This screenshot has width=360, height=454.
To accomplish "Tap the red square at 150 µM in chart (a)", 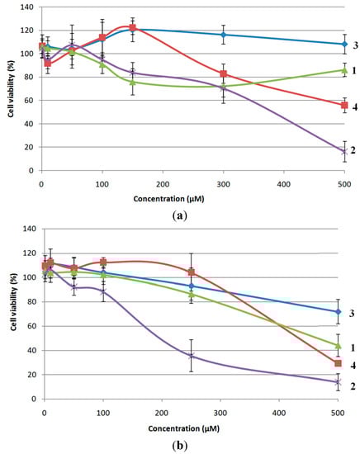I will [x=132, y=28].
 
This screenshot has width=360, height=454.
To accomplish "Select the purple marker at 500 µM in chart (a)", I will [x=344, y=151].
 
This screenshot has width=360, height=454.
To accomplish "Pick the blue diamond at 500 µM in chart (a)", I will [x=344, y=44].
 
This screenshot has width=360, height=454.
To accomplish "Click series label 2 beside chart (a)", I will [x=354, y=150].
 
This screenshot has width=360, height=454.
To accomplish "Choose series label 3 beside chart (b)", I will [x=354, y=313].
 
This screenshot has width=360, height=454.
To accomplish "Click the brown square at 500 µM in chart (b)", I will [x=338, y=363].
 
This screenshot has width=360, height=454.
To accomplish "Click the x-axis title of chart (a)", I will [x=191, y=199].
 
